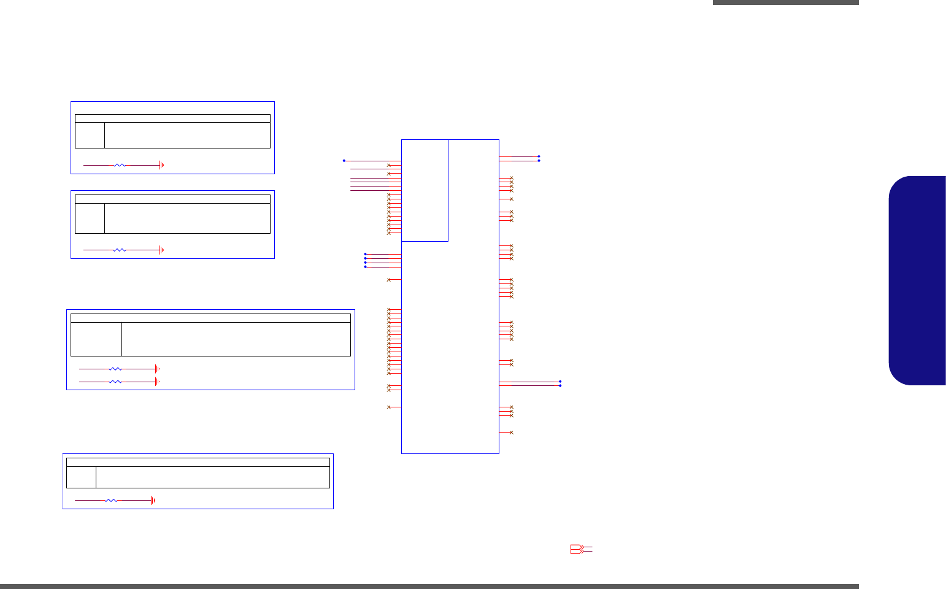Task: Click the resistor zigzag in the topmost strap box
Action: pyautogui.click(x=120, y=165)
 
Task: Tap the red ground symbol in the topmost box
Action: pyautogui.click(x=161, y=165)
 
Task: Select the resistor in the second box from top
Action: pyautogui.click(x=120, y=250)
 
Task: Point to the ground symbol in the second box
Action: pyautogui.click(x=161, y=250)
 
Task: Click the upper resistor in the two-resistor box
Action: pyautogui.click(x=115, y=369)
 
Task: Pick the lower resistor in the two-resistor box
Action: pyautogui.click(x=115, y=382)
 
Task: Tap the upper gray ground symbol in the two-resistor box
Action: pyautogui.click(x=157, y=369)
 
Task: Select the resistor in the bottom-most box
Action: pyautogui.click(x=111, y=501)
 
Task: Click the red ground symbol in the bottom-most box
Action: pyautogui.click(x=153, y=501)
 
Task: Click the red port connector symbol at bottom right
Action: pyautogui.click(x=578, y=550)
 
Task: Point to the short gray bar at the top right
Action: pyautogui.click(x=785, y=2)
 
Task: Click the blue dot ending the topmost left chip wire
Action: pyautogui.click(x=344, y=161)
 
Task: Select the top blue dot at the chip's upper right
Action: pyautogui.click(x=539, y=156)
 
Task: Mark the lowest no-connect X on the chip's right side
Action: pyautogui.click(x=511, y=433)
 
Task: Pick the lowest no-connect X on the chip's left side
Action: pyautogui.click(x=388, y=407)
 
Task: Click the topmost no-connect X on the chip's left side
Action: pyautogui.click(x=388, y=165)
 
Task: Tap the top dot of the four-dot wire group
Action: pyautogui.click(x=365, y=254)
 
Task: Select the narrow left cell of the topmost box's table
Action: pyautogui.click(x=90, y=135)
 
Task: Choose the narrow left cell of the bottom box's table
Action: pyautogui.click(x=81, y=477)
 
